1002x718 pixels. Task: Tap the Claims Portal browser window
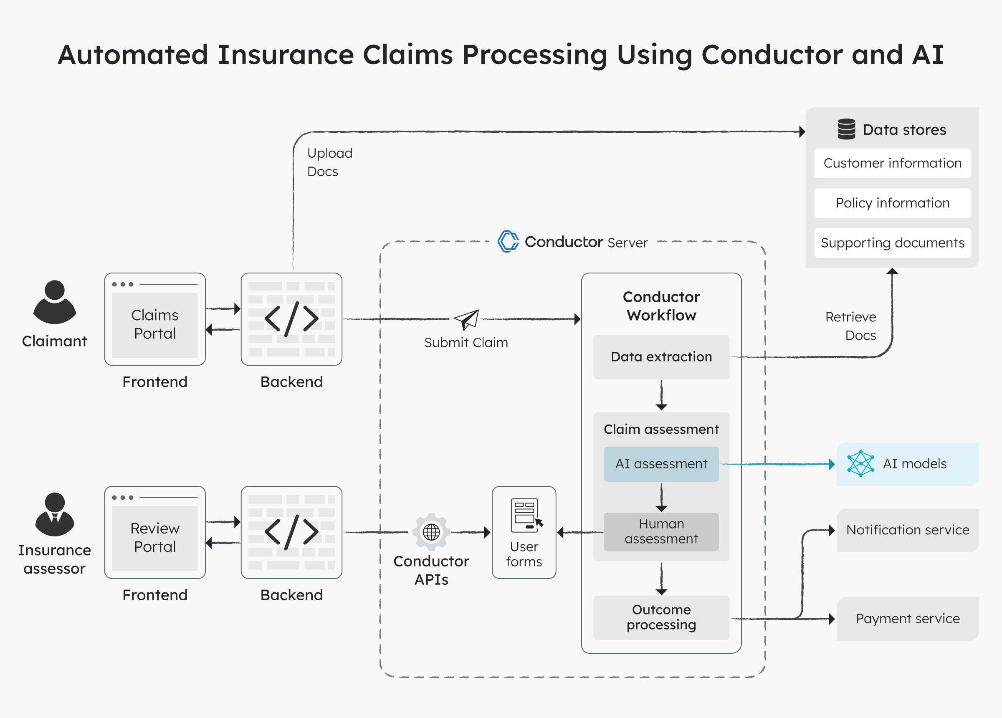point(154,319)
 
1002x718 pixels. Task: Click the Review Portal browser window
point(154,532)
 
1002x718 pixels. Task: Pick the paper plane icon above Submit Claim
point(466,319)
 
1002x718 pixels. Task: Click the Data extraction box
point(661,357)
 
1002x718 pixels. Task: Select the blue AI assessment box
point(661,464)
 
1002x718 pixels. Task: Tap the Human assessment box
point(661,531)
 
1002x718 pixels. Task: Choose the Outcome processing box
point(661,617)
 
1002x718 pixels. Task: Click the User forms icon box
point(524,532)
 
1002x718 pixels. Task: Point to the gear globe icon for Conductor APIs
point(431,532)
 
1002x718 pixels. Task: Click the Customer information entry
point(892,163)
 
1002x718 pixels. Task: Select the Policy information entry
point(892,203)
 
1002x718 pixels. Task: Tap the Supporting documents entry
point(892,243)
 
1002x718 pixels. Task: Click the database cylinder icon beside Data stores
point(846,129)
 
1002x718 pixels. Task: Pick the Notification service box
point(908,530)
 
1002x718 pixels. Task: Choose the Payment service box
point(908,619)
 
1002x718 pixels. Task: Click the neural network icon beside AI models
point(860,463)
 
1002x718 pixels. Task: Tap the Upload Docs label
point(329,162)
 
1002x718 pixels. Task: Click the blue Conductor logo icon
point(508,241)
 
